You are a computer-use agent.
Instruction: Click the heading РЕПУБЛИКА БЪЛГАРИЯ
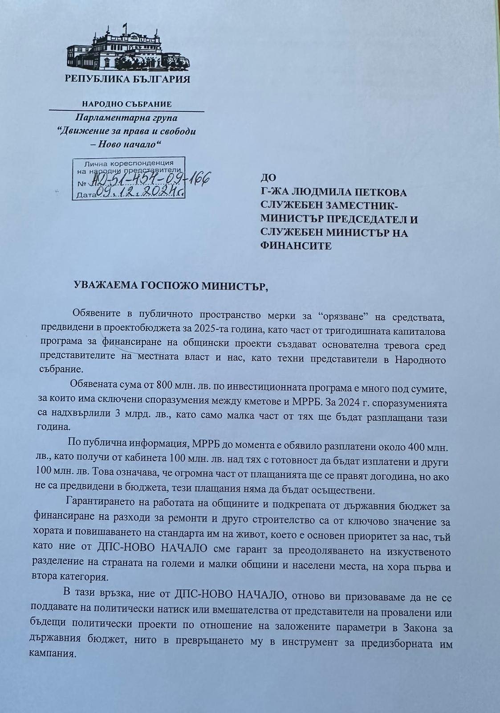point(127,80)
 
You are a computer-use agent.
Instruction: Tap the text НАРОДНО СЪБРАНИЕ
point(127,104)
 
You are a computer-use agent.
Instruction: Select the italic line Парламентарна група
point(126,118)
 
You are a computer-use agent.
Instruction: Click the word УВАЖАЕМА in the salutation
point(103,286)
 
